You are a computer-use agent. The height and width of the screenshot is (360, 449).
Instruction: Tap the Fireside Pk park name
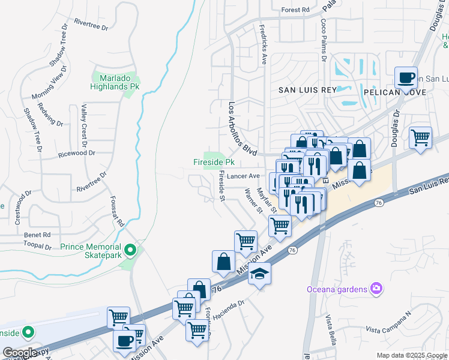213,163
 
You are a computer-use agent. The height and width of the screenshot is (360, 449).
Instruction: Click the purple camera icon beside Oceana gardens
376,289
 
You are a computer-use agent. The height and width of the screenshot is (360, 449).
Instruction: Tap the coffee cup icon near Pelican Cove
406,77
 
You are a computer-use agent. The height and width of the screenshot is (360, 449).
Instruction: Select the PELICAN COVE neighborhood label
394,92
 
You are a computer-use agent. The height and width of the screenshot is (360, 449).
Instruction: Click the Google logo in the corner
20,352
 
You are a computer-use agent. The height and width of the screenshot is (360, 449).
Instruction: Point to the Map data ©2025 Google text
411,355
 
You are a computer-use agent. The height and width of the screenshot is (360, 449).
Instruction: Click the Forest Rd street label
295,10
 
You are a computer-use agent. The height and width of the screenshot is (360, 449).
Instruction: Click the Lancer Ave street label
243,176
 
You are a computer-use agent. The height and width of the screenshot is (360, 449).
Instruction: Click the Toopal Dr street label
38,246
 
